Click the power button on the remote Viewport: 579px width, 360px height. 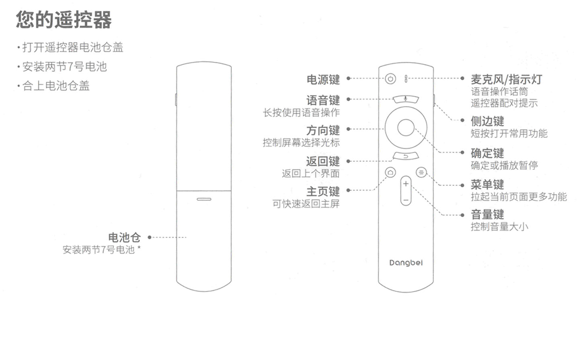(390, 78)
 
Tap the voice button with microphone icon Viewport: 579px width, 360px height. (406, 99)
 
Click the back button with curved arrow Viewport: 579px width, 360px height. (406, 156)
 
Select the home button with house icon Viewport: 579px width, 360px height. (390, 173)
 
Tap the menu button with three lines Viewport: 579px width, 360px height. (421, 173)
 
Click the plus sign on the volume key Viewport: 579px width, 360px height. (406, 184)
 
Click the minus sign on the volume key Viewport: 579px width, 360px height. (406, 200)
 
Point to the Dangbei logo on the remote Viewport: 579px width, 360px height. (406, 263)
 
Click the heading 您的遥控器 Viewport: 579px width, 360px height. (64, 20)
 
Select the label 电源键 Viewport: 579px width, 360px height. (323, 79)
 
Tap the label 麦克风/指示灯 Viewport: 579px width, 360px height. (506, 79)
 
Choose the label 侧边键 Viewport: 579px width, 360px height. (487, 121)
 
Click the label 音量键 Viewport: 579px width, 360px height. (487, 214)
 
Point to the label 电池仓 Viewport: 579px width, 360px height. (124, 237)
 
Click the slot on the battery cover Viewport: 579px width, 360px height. (204, 199)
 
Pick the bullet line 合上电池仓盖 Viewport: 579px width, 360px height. (55, 86)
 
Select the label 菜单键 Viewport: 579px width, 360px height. (487, 185)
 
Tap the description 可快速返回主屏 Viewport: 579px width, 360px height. (306, 204)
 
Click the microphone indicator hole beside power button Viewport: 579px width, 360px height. (406, 79)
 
